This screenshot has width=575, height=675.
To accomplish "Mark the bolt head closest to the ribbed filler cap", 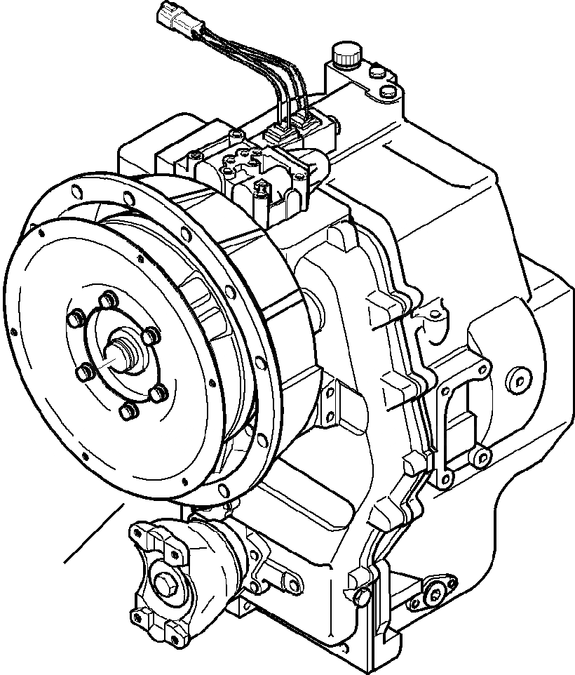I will pos(373,70).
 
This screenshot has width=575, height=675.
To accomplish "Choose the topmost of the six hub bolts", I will pos(107,301).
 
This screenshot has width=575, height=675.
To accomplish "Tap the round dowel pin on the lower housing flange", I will pos(361,596).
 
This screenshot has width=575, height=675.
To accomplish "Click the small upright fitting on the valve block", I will pos(262,187).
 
